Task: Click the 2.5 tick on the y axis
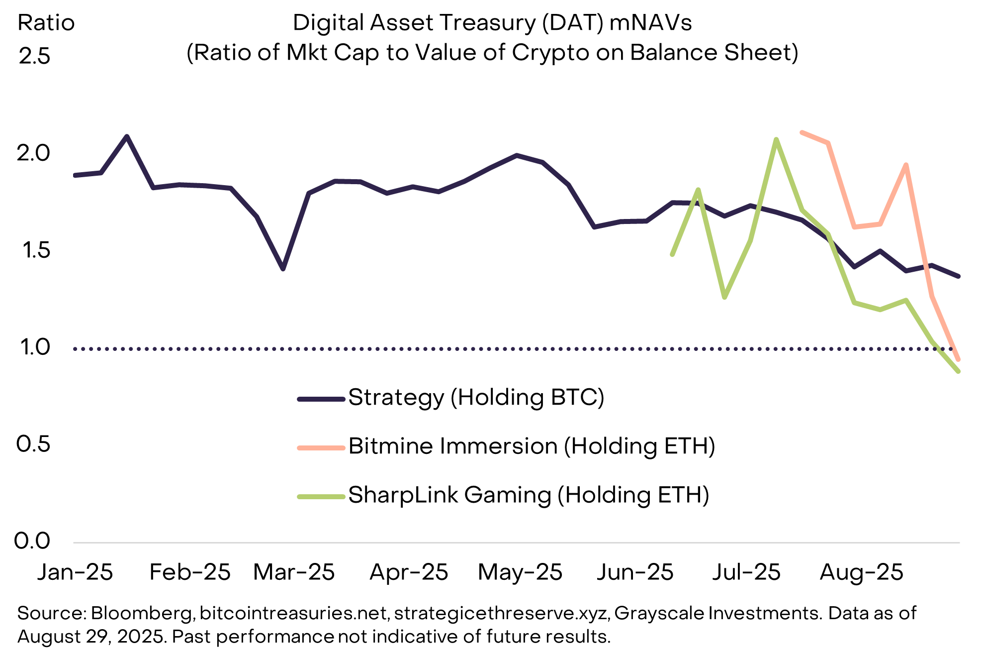tap(34, 56)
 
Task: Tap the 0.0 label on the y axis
tap(32, 541)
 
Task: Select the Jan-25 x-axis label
tap(75, 572)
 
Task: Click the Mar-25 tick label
tap(293, 572)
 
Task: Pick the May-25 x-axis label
tap(520, 572)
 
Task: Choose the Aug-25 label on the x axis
tap(861, 572)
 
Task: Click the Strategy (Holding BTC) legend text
tap(476, 398)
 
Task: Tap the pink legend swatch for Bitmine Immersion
tap(321, 448)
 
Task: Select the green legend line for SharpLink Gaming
tap(321, 497)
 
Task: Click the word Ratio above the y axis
tap(46, 23)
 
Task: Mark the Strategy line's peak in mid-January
tap(127, 136)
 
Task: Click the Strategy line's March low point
tap(283, 269)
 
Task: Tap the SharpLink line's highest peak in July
tap(776, 139)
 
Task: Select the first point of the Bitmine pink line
tap(802, 132)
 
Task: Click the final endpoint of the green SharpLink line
tap(958, 371)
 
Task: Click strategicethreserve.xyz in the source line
tap(502, 613)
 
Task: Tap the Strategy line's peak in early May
tap(517, 155)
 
